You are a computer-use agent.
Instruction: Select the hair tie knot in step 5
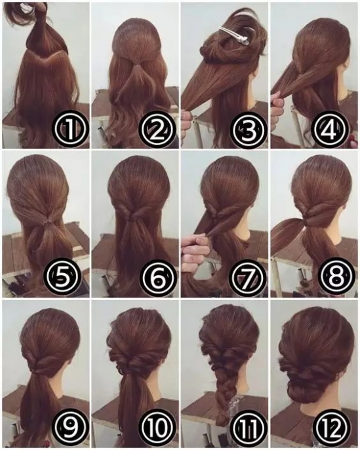click(x=45, y=222)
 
